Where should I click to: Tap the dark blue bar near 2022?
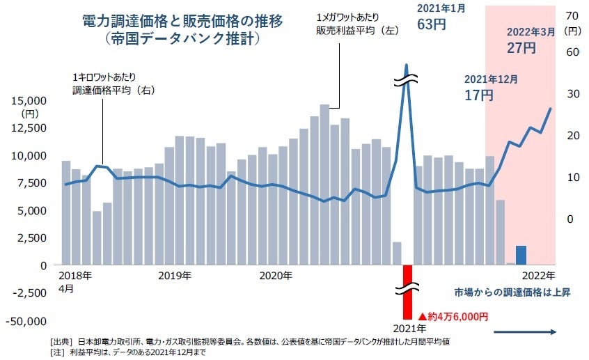tap(521, 255)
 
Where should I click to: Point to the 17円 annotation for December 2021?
tap(479, 95)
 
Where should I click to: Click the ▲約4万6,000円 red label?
tap(453, 316)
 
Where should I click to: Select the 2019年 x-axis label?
tap(175, 276)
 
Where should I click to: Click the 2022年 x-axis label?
tap(538, 276)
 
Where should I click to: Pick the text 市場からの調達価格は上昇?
tap(512, 292)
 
